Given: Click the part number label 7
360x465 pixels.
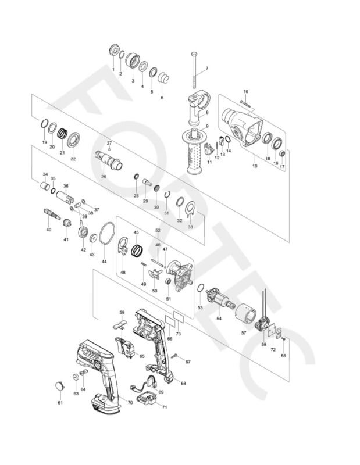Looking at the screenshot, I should pos(205,69).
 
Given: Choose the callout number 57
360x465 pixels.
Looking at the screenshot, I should pos(244,334).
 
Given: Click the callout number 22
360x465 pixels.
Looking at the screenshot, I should pos(73,158).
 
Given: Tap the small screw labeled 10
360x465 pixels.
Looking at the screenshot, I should pos(244,105).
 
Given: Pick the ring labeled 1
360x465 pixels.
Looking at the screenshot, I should pos(113,49).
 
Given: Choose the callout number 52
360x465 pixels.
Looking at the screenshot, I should pos(157,230).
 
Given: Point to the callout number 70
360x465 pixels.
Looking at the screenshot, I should pos(130,402).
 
